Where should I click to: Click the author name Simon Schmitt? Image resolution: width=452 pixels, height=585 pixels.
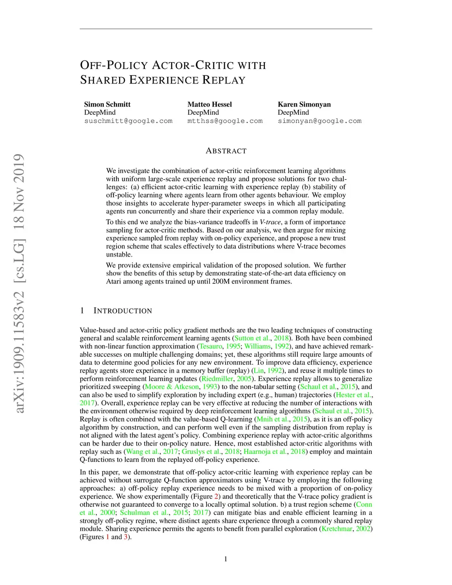pos(107,105)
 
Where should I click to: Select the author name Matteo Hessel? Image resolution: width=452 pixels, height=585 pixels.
pos(210,105)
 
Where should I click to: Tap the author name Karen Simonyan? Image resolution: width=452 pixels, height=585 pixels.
pos(304,105)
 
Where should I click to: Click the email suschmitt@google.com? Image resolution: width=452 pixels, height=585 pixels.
pos(128,121)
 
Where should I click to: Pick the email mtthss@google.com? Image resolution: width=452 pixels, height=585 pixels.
pos(225,121)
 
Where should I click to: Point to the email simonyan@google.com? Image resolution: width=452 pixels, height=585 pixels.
pos(320,121)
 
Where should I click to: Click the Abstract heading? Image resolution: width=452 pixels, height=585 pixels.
pos(226,151)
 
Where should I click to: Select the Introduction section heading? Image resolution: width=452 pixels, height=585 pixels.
pos(122,311)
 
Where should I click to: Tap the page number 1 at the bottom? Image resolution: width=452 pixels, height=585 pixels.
pos(226,559)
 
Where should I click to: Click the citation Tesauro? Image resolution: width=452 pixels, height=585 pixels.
pos(211,347)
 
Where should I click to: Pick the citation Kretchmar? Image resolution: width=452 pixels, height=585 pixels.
pos(337,529)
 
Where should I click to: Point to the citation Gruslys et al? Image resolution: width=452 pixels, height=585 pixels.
pos(201,452)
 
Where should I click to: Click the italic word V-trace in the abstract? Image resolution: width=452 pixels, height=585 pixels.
pos(270,222)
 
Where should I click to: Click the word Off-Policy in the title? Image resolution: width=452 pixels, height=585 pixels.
pos(114,65)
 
